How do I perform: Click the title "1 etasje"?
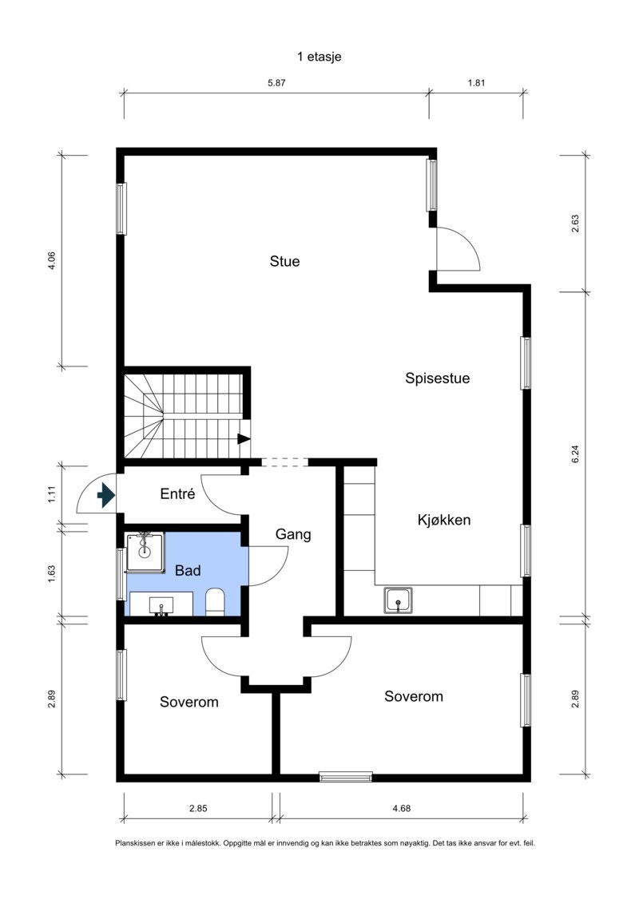point(319,57)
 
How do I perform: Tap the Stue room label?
point(284,261)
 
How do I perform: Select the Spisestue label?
point(437,378)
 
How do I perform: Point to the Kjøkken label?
point(444,520)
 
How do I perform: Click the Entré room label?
point(177,493)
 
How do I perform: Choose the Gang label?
point(293,535)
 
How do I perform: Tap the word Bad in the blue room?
point(188,571)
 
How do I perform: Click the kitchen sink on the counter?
point(398,600)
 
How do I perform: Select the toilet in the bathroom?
point(216,601)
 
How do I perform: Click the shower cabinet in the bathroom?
point(145,551)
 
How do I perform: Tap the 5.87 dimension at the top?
point(276,82)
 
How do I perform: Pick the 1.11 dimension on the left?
point(52,495)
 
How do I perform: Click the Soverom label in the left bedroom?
point(189,703)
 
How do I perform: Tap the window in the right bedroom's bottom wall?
point(346,776)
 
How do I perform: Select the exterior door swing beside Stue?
point(455,249)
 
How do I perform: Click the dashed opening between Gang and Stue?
point(284,462)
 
